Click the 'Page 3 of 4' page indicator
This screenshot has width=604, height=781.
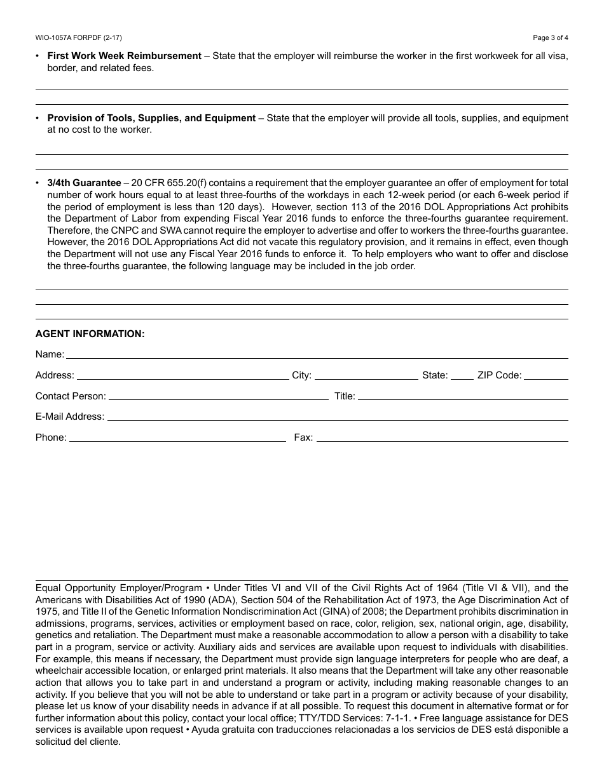[x=551, y=37]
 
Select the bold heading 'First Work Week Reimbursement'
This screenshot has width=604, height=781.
[x=124, y=56]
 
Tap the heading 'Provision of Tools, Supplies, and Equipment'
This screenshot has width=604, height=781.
[x=151, y=118]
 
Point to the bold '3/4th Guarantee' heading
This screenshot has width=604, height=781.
[x=84, y=184]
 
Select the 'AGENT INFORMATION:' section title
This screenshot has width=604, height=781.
[x=90, y=334]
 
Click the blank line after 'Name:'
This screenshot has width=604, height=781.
[x=317, y=356]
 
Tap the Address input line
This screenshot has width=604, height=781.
[x=182, y=376]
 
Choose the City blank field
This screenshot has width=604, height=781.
[x=366, y=376]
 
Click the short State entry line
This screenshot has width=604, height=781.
[x=462, y=376]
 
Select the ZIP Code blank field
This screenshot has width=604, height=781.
[x=546, y=376]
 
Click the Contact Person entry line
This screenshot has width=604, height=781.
[x=219, y=397]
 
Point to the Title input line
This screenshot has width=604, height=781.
[x=463, y=397]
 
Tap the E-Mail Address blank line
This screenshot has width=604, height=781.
[x=338, y=417]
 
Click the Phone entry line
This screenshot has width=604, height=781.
[x=177, y=438]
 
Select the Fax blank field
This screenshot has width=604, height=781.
[x=442, y=438]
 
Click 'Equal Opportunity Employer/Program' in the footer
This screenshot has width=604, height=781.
[x=118, y=589]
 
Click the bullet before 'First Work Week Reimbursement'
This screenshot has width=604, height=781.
[x=38, y=56]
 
